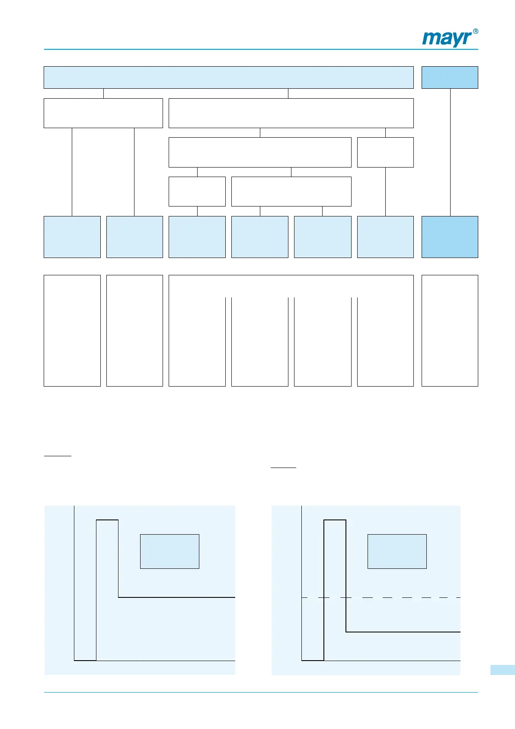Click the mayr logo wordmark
tap(447, 39)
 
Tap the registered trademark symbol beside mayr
tap(475, 32)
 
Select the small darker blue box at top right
tap(450, 77)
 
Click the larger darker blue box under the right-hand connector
tap(450, 237)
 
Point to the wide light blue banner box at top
tap(228, 77)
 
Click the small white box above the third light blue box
tap(197, 191)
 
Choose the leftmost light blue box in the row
tap(72, 237)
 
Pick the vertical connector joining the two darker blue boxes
tap(450, 152)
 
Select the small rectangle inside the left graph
tap(170, 551)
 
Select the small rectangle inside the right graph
tap(397, 551)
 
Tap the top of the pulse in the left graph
tap(107, 520)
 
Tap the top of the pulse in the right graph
tap(335, 520)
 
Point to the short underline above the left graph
tap(58, 456)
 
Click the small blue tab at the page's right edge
tap(502, 670)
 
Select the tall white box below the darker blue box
tap(450, 330)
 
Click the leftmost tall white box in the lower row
tap(72, 330)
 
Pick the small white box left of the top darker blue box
tap(385, 152)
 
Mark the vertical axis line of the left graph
tap(74, 584)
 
